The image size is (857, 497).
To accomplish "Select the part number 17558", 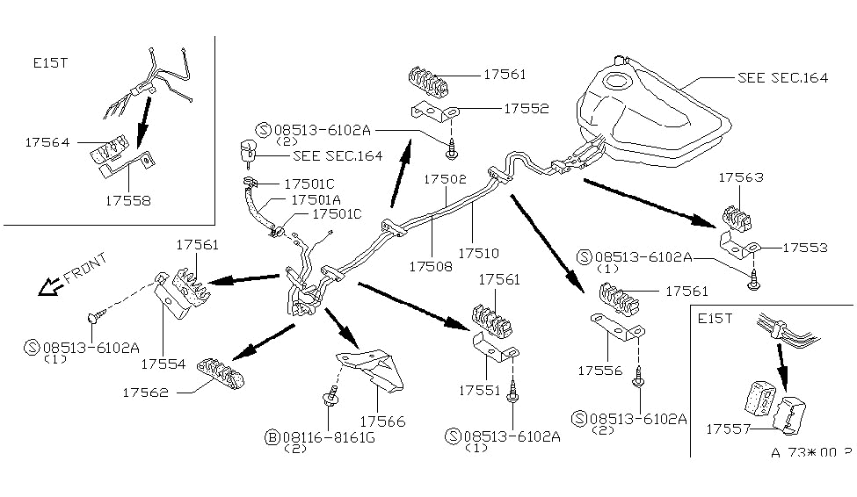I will click(x=126, y=199).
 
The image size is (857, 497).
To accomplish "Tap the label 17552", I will click(x=527, y=109).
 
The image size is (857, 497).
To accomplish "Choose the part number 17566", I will click(x=381, y=421).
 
